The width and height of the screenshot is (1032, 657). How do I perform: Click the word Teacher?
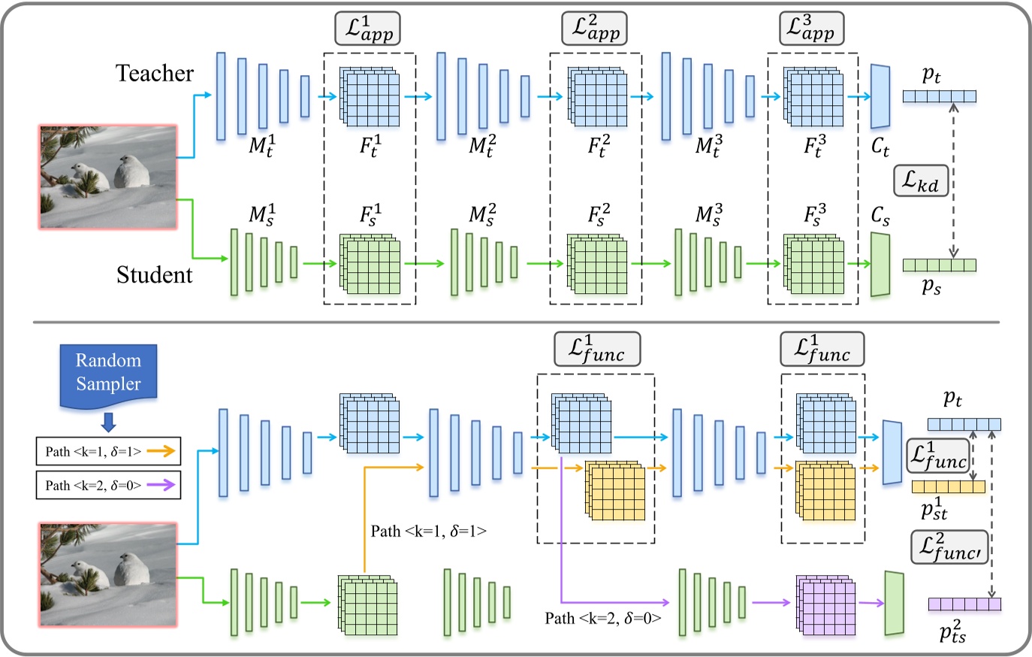[x=154, y=73]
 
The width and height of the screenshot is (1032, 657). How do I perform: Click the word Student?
[x=154, y=275]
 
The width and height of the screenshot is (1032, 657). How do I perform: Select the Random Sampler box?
[x=108, y=373]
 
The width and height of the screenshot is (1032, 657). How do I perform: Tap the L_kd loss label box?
[x=921, y=180]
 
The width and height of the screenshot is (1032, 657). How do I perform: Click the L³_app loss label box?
[x=810, y=29]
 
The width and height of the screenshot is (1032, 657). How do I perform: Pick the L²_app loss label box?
[x=594, y=29]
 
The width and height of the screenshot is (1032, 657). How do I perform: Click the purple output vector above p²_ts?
[x=964, y=604]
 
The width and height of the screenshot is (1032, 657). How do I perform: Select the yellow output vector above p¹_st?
[x=948, y=487]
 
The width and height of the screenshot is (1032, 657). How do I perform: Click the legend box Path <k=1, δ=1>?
[x=108, y=451]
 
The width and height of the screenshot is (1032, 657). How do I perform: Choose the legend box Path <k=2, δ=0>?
[x=108, y=485]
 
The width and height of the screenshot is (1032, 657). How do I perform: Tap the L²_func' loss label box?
[x=949, y=548]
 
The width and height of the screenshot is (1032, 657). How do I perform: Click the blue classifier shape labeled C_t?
[x=880, y=96]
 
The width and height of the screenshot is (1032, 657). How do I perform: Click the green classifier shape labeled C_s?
[x=880, y=265]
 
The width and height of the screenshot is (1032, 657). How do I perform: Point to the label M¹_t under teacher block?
[x=261, y=144]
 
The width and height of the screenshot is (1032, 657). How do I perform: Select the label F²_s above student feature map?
[x=598, y=215]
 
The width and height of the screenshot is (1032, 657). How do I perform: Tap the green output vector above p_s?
[x=939, y=265]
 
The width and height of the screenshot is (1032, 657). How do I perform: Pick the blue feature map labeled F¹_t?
[x=369, y=98]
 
